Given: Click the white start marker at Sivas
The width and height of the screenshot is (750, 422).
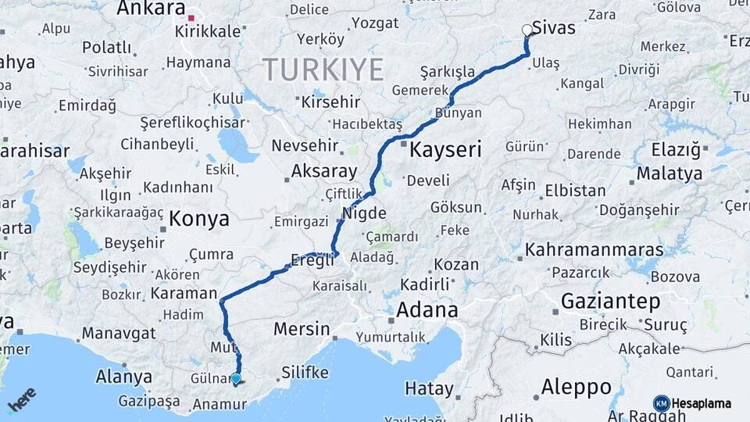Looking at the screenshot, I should pos(527,30).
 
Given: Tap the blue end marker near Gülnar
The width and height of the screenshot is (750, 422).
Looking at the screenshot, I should pos(237,379).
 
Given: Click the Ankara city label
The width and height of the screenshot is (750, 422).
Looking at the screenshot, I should pos(149,9).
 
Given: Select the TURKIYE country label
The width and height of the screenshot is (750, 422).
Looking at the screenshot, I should pos(323,69).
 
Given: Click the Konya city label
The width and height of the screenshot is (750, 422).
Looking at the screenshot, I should pos(199,218).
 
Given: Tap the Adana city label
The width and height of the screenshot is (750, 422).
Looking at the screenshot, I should pos(427,310).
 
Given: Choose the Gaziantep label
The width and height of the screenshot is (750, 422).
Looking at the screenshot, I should pos(610,301).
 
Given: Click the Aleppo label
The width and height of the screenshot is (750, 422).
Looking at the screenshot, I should pos(577,387).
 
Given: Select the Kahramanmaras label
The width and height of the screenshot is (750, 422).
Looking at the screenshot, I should pos(594,251).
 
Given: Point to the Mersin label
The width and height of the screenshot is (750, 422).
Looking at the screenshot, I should pos(301,329).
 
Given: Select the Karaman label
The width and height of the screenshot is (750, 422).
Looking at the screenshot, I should pos(184,294).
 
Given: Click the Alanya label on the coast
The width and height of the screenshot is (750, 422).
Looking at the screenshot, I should pos(123,377).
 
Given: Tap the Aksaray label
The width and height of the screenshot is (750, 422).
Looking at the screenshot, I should pos(323,171).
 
